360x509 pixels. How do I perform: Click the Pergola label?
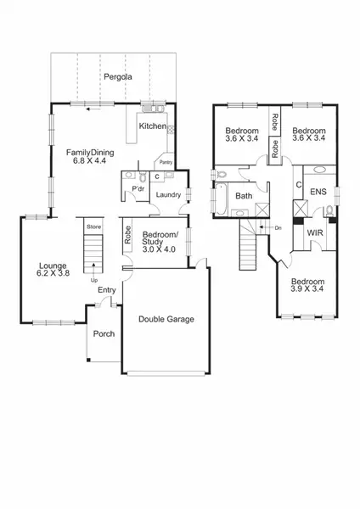point(116,77)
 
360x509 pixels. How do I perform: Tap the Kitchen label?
point(153,126)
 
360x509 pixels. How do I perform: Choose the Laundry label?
point(168,195)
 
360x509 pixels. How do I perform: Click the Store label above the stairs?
point(94,227)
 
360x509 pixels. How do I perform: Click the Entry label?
point(106,290)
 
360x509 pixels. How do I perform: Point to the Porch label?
point(104,333)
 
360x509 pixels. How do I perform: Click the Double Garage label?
point(166,319)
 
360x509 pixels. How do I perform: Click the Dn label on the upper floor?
point(278,227)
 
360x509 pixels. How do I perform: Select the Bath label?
point(244,196)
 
